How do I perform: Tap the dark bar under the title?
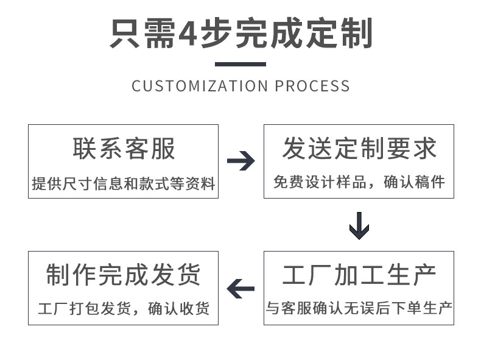(x=240, y=64)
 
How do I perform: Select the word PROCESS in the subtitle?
(x=312, y=86)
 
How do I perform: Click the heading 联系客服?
(x=124, y=149)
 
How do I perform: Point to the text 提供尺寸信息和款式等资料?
(x=124, y=183)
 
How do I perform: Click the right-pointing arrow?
(x=240, y=161)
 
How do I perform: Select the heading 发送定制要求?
(x=359, y=149)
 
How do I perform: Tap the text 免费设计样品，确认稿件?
(x=359, y=182)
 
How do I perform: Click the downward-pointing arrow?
(x=359, y=225)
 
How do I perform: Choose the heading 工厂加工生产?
(x=359, y=275)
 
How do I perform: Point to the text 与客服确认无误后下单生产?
(x=359, y=309)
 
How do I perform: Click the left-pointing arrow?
(x=240, y=288)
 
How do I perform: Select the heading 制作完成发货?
(x=124, y=275)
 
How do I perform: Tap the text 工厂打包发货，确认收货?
(x=124, y=309)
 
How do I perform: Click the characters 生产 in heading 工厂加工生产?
(x=411, y=275)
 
